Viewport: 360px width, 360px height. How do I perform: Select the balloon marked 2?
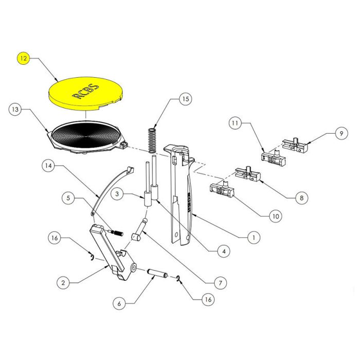(63, 282)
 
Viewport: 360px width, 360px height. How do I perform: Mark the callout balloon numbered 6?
(119, 303)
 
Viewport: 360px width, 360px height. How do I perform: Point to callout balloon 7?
(220, 282)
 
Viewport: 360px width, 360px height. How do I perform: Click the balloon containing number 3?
(117, 194)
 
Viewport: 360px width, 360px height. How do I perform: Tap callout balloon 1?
(253, 238)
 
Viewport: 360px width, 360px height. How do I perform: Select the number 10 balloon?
(275, 217)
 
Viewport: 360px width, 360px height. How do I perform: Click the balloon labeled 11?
(235, 123)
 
